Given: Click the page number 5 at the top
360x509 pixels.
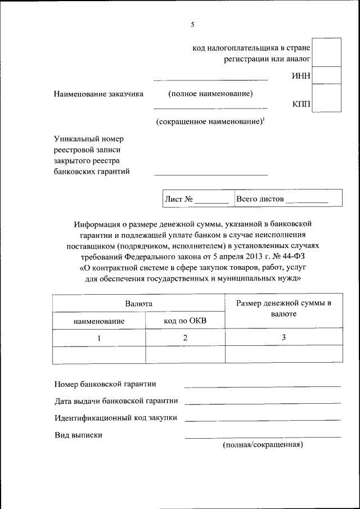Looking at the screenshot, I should point(192,25).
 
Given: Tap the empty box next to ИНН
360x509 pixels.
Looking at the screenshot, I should point(326,75).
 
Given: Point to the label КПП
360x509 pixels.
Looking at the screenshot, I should point(301,104).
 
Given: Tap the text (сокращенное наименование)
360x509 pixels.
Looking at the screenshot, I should point(209,121).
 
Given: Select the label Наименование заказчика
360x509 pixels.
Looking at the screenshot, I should point(99,93).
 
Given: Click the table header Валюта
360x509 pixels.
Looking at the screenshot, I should point(138,304).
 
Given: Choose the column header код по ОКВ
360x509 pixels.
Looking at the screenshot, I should point(185,321).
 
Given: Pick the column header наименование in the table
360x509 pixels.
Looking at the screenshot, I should point(99,321).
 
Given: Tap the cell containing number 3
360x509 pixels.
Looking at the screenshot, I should point(283,337).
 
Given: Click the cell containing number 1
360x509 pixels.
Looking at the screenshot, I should point(99,338).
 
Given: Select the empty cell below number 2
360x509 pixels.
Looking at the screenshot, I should point(185,355).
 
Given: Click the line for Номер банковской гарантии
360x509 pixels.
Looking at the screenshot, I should point(262,385).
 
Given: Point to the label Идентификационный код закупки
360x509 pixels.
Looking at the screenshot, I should point(116,418).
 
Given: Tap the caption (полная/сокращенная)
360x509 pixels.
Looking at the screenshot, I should point(263,445).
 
